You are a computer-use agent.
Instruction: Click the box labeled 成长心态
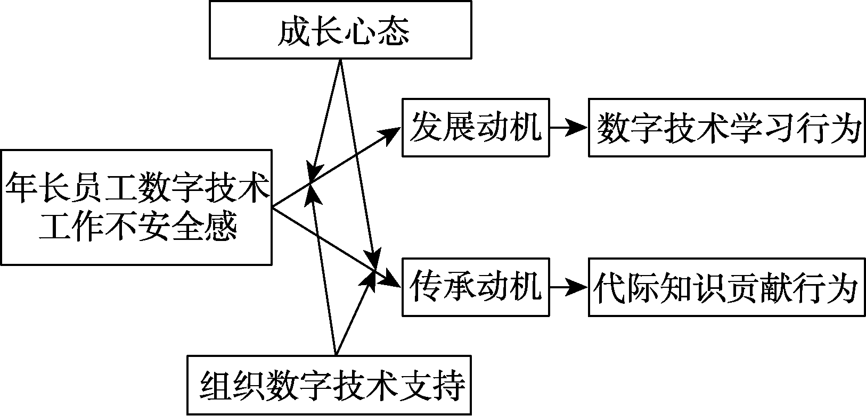(x=340, y=29)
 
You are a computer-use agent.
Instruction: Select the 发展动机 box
(x=476, y=128)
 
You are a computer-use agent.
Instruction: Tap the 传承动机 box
(x=476, y=287)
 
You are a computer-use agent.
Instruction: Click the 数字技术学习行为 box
(x=726, y=128)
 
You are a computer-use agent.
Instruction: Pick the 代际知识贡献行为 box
(x=726, y=287)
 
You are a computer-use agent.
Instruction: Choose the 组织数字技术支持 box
(x=329, y=385)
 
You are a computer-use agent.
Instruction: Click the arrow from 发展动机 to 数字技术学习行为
(x=568, y=128)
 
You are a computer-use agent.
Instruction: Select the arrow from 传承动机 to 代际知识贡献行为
(x=568, y=287)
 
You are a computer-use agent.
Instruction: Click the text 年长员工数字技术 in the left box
(x=137, y=188)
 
